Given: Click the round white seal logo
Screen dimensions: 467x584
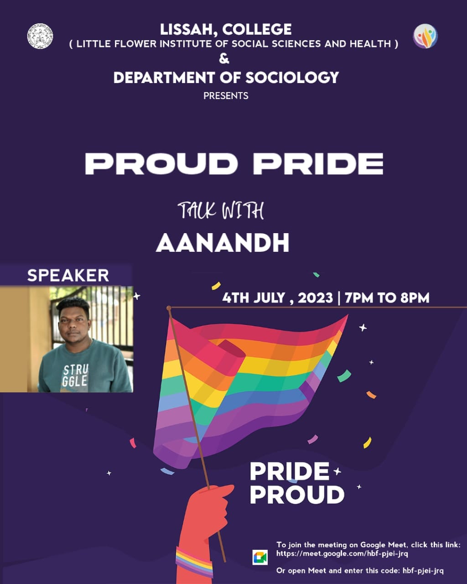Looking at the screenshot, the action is click(40, 36).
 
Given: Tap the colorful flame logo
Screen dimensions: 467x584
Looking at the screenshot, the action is click(425, 36).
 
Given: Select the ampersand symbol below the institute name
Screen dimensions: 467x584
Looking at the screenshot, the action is click(224, 59).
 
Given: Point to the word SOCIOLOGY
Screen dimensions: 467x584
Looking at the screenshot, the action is click(292, 78).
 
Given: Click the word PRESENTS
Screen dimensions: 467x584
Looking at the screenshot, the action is click(226, 96).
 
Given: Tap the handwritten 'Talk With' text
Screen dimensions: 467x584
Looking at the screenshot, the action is click(221, 210).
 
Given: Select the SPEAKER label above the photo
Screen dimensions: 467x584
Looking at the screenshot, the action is click(68, 276).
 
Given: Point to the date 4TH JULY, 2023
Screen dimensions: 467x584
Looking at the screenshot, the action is click(277, 298).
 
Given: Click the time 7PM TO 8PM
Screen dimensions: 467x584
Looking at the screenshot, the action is click(387, 298).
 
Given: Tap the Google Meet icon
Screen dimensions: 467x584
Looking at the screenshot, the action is click(260, 558).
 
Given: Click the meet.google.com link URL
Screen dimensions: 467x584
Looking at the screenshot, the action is click(342, 553).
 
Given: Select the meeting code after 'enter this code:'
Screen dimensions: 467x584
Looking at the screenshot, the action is click(423, 571).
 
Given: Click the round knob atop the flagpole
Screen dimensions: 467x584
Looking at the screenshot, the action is click(169, 308).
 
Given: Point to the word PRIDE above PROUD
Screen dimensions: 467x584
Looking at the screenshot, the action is click(290, 472).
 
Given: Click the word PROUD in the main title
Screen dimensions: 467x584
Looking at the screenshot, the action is click(161, 164).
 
